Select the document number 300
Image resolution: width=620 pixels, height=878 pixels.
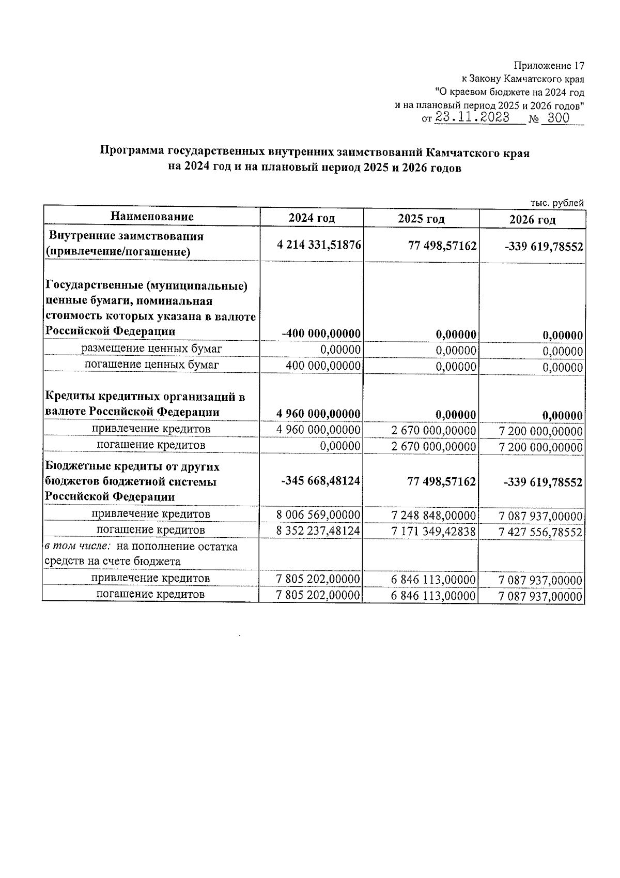tap(558, 118)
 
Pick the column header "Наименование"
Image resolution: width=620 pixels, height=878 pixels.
tap(152, 217)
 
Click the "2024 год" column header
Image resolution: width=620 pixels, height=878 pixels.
tap(312, 218)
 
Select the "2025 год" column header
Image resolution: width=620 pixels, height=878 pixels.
tap(421, 219)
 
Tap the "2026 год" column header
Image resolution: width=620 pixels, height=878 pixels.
tap(532, 220)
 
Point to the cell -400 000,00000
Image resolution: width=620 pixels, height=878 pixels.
tap(321, 334)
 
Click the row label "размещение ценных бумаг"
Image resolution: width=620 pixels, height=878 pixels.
tap(151, 349)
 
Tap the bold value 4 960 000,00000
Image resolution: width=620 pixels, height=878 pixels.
tap(318, 414)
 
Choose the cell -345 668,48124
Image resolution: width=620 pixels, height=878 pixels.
tap(320, 481)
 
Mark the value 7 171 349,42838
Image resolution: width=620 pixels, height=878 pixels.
tap(433, 532)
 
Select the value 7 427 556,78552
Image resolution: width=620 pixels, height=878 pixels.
tap(540, 533)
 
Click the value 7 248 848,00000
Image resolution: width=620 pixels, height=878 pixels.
tap(433, 516)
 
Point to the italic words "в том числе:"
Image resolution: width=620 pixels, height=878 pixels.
tap(78, 547)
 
